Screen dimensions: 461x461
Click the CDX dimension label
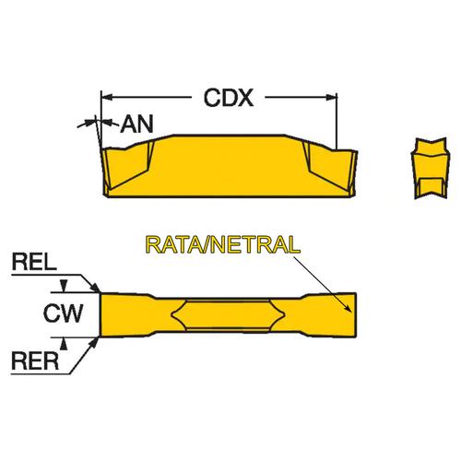click(x=229, y=98)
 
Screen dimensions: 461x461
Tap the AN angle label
click(x=136, y=124)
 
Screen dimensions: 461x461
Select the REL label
click(x=34, y=262)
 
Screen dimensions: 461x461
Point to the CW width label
click(x=64, y=313)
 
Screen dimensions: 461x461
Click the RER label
click(x=35, y=361)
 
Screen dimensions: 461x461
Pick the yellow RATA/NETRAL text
click(x=223, y=244)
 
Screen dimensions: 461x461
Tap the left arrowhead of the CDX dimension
click(x=106, y=98)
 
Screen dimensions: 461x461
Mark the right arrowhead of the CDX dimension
click(x=331, y=98)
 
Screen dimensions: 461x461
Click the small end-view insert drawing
click(x=431, y=169)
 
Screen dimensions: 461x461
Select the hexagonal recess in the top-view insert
click(x=228, y=314)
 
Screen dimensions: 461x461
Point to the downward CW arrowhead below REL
click(x=64, y=287)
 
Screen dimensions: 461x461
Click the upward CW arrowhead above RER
click(x=64, y=343)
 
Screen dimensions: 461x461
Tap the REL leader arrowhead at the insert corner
click(x=96, y=288)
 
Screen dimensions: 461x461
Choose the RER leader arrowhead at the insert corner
click(x=95, y=342)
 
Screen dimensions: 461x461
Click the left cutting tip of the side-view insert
click(x=101, y=149)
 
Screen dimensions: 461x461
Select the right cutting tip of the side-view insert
click(x=356, y=151)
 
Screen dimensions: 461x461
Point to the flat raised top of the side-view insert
click(x=229, y=135)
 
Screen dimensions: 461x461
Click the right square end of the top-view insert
click(x=348, y=315)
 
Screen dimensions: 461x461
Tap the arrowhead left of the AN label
click(x=89, y=123)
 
